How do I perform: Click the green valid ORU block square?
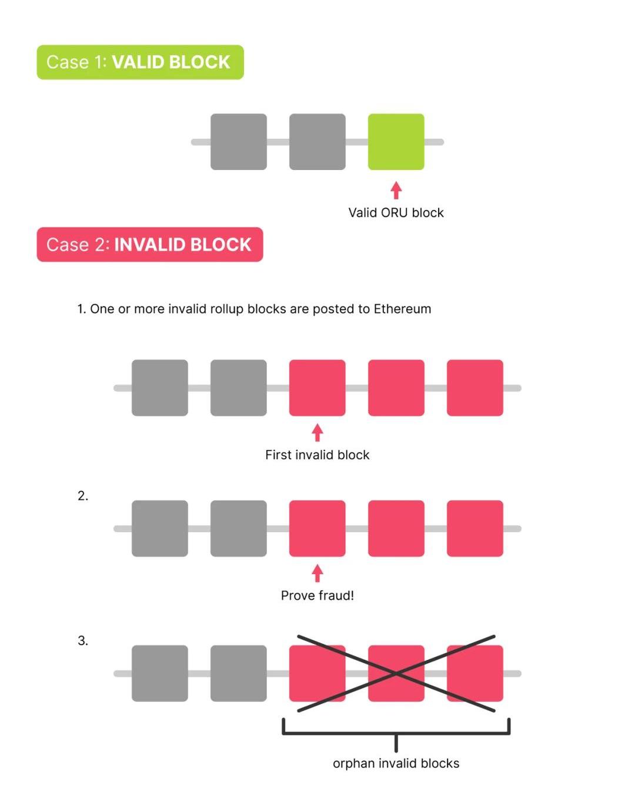click(x=396, y=142)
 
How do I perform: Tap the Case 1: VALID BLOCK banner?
click(x=140, y=62)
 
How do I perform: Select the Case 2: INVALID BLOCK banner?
click(x=150, y=245)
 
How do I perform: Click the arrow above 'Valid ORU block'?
click(x=396, y=190)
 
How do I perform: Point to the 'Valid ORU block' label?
click(x=396, y=213)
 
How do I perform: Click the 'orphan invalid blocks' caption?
click(x=396, y=763)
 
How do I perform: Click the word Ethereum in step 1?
click(x=402, y=309)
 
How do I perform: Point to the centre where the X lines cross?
click(x=396, y=673)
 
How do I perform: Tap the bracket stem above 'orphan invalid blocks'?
click(x=396, y=742)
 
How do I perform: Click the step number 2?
click(x=83, y=496)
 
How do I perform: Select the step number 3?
click(x=83, y=640)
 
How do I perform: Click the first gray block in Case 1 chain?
click(x=238, y=142)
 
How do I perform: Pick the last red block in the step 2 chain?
click(x=475, y=529)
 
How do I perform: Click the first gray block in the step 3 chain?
click(x=160, y=673)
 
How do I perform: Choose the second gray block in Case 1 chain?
click(x=317, y=142)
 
